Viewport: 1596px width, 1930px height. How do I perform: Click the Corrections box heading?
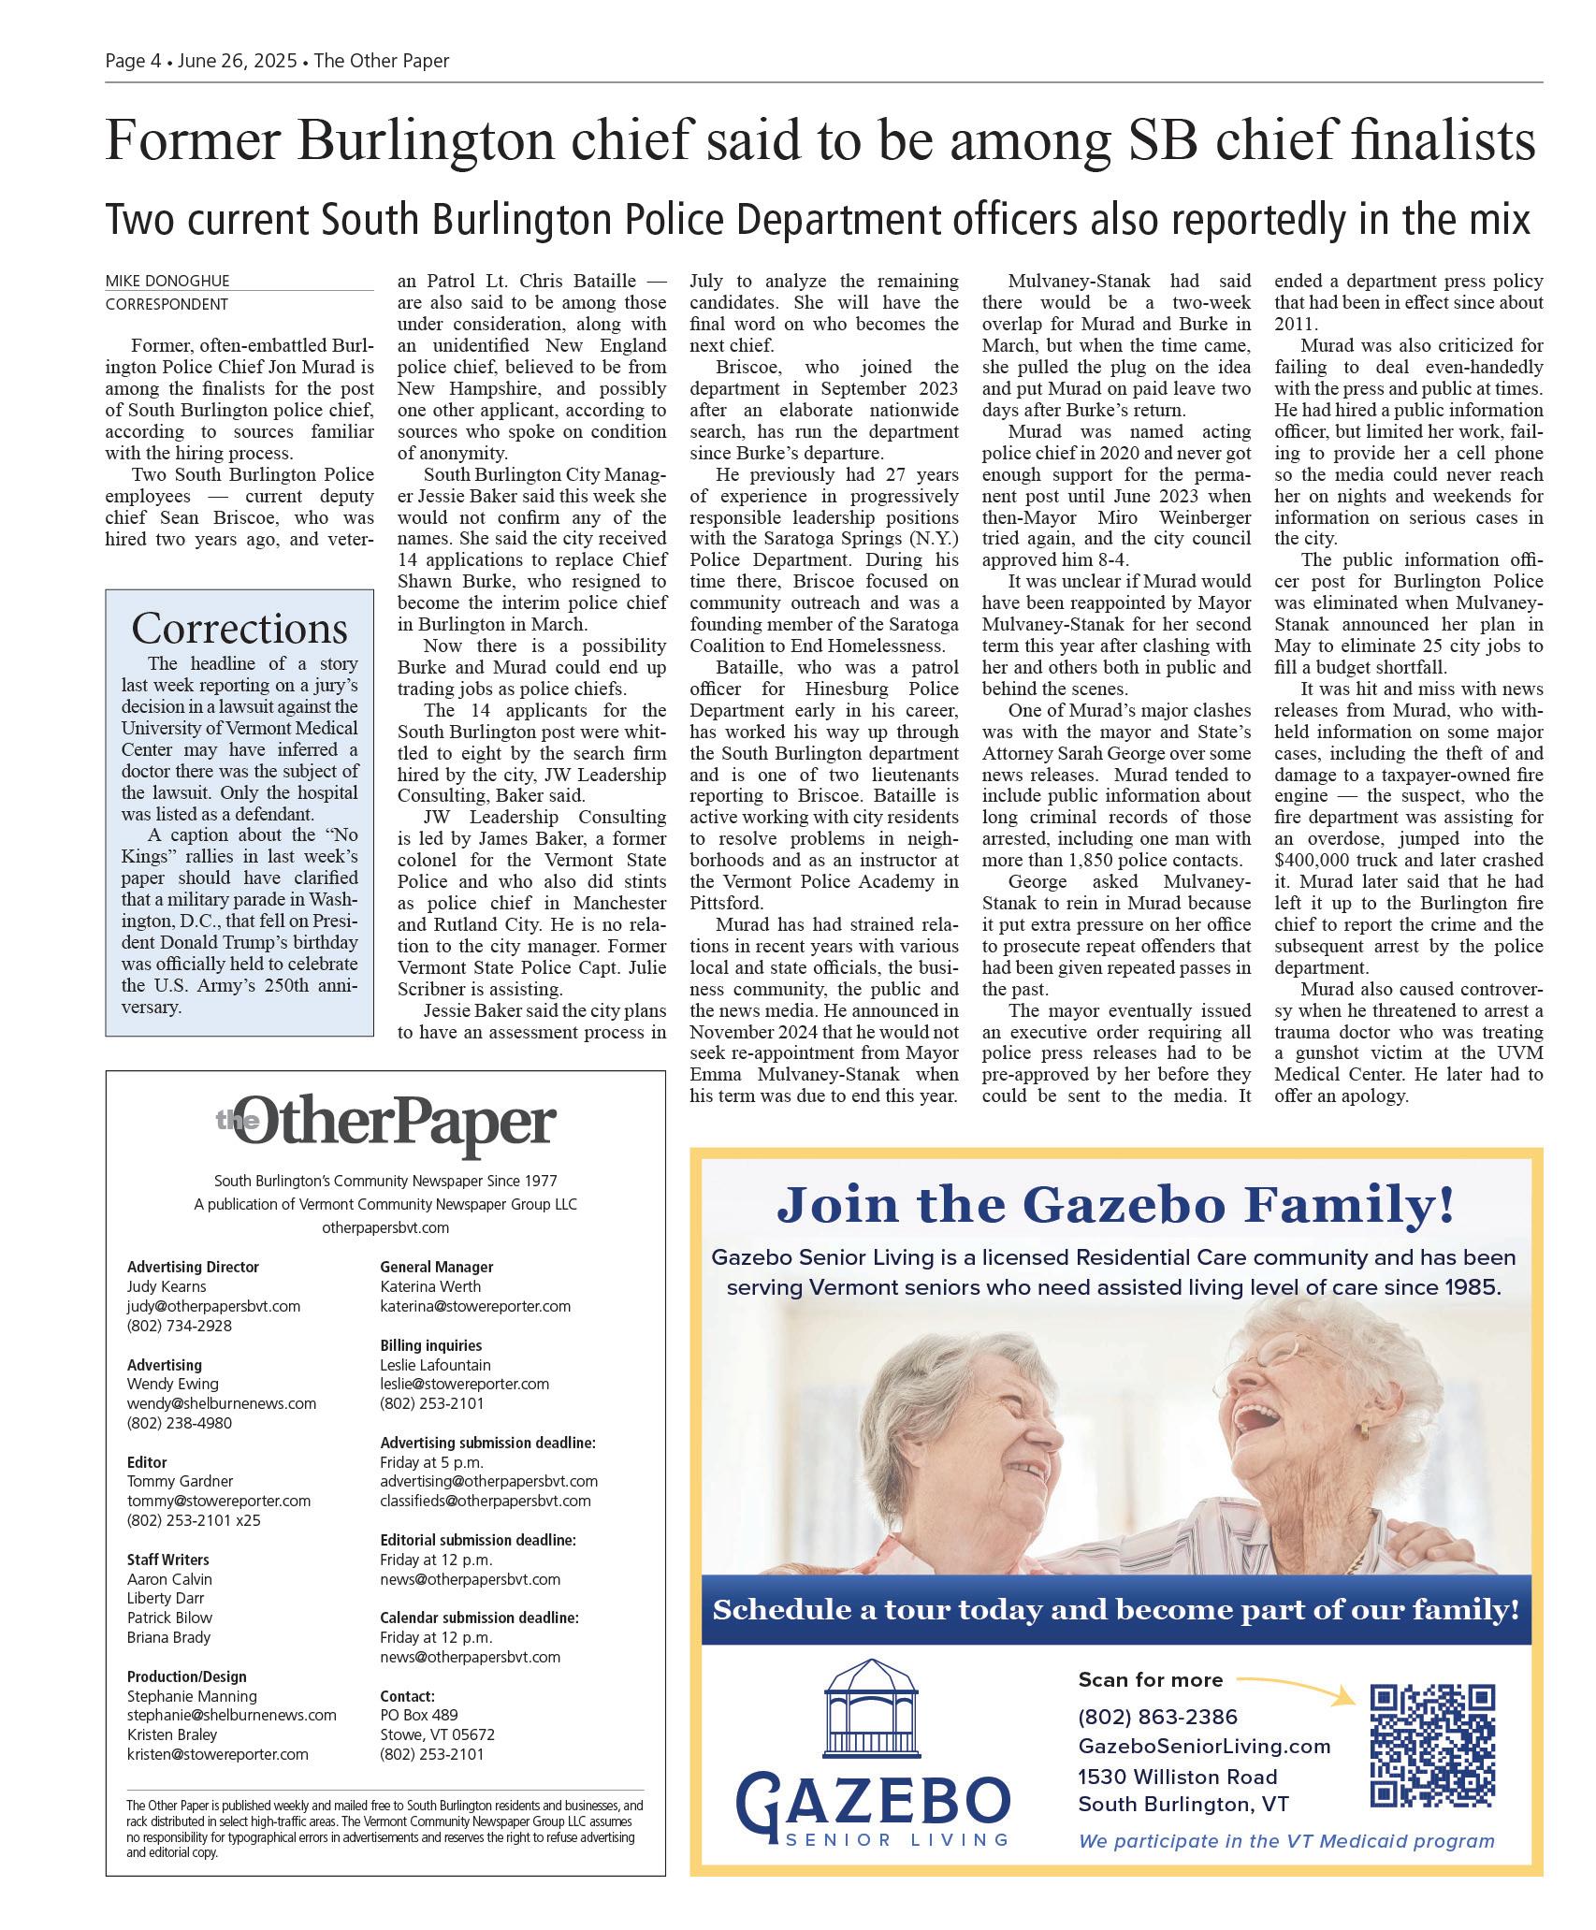[x=239, y=628]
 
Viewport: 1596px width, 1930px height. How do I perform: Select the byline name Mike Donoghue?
[x=167, y=281]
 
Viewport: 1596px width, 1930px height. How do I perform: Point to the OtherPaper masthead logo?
[x=385, y=1125]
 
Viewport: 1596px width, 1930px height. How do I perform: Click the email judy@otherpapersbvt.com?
[x=213, y=1306]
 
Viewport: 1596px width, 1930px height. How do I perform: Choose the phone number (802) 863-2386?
[x=1157, y=1717]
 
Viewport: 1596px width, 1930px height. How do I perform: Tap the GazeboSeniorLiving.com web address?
[x=1204, y=1746]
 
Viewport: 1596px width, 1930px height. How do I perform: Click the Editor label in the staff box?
[x=147, y=1462]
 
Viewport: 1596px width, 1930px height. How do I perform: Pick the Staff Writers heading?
[x=167, y=1560]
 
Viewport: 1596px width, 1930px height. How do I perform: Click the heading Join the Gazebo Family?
[x=1115, y=1204]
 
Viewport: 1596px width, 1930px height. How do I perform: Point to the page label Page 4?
[x=133, y=61]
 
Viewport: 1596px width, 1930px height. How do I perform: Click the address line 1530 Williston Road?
[x=1177, y=1777]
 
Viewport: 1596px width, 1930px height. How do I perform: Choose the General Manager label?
[x=436, y=1267]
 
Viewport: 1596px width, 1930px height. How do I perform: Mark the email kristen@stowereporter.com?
[x=217, y=1754]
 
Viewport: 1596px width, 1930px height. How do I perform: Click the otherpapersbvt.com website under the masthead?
[x=385, y=1227]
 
